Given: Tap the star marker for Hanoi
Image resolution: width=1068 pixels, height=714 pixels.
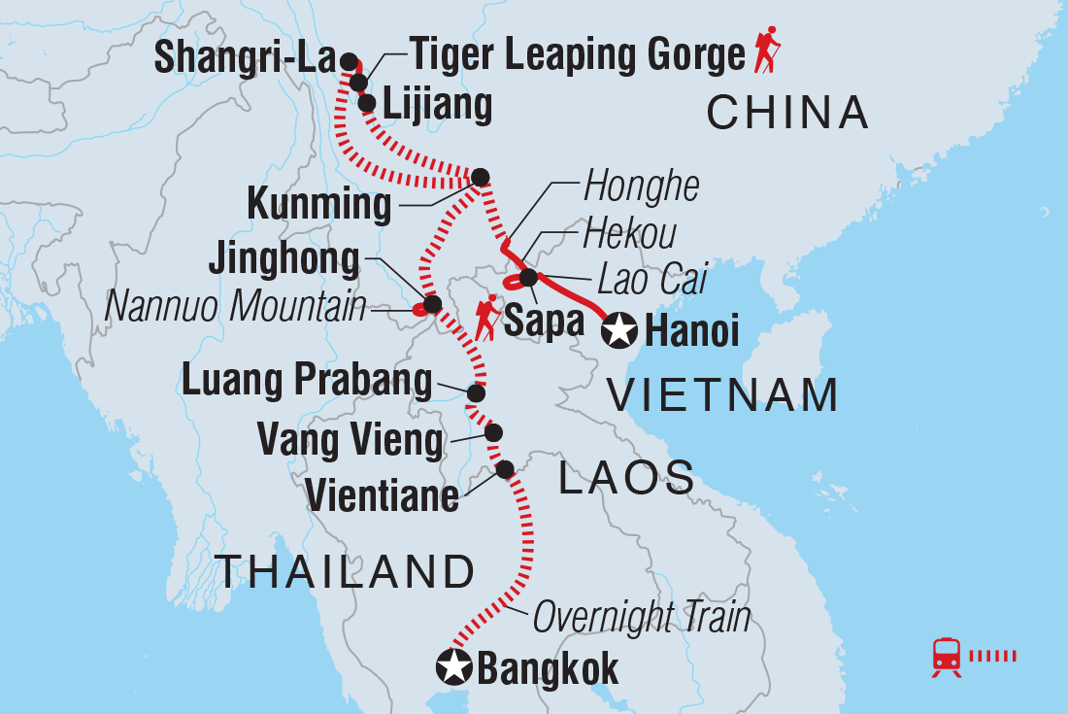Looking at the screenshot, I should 618,332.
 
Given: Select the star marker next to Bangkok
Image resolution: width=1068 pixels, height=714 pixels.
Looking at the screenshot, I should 453,667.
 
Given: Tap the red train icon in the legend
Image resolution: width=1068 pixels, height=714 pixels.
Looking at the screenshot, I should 947,657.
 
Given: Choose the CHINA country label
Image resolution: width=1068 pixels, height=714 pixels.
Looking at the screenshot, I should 787,114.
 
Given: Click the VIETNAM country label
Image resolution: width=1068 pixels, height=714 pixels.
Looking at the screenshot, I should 722,396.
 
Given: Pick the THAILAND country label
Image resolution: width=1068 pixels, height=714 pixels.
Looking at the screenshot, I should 345,572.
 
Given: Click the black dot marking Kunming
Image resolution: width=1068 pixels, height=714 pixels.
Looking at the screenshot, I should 480,177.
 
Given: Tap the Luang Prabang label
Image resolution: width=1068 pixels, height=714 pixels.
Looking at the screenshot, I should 307,382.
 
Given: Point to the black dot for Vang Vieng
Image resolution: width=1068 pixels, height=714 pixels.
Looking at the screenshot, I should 493,432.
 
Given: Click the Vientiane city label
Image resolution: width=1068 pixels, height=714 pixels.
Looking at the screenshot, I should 382,496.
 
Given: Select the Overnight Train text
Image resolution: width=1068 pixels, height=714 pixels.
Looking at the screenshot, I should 642,617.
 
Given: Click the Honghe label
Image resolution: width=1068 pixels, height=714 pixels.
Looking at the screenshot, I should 641,187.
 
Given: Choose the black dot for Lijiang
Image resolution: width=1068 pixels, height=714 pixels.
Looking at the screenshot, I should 366,103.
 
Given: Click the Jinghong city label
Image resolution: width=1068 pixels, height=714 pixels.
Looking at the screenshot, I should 284,261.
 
